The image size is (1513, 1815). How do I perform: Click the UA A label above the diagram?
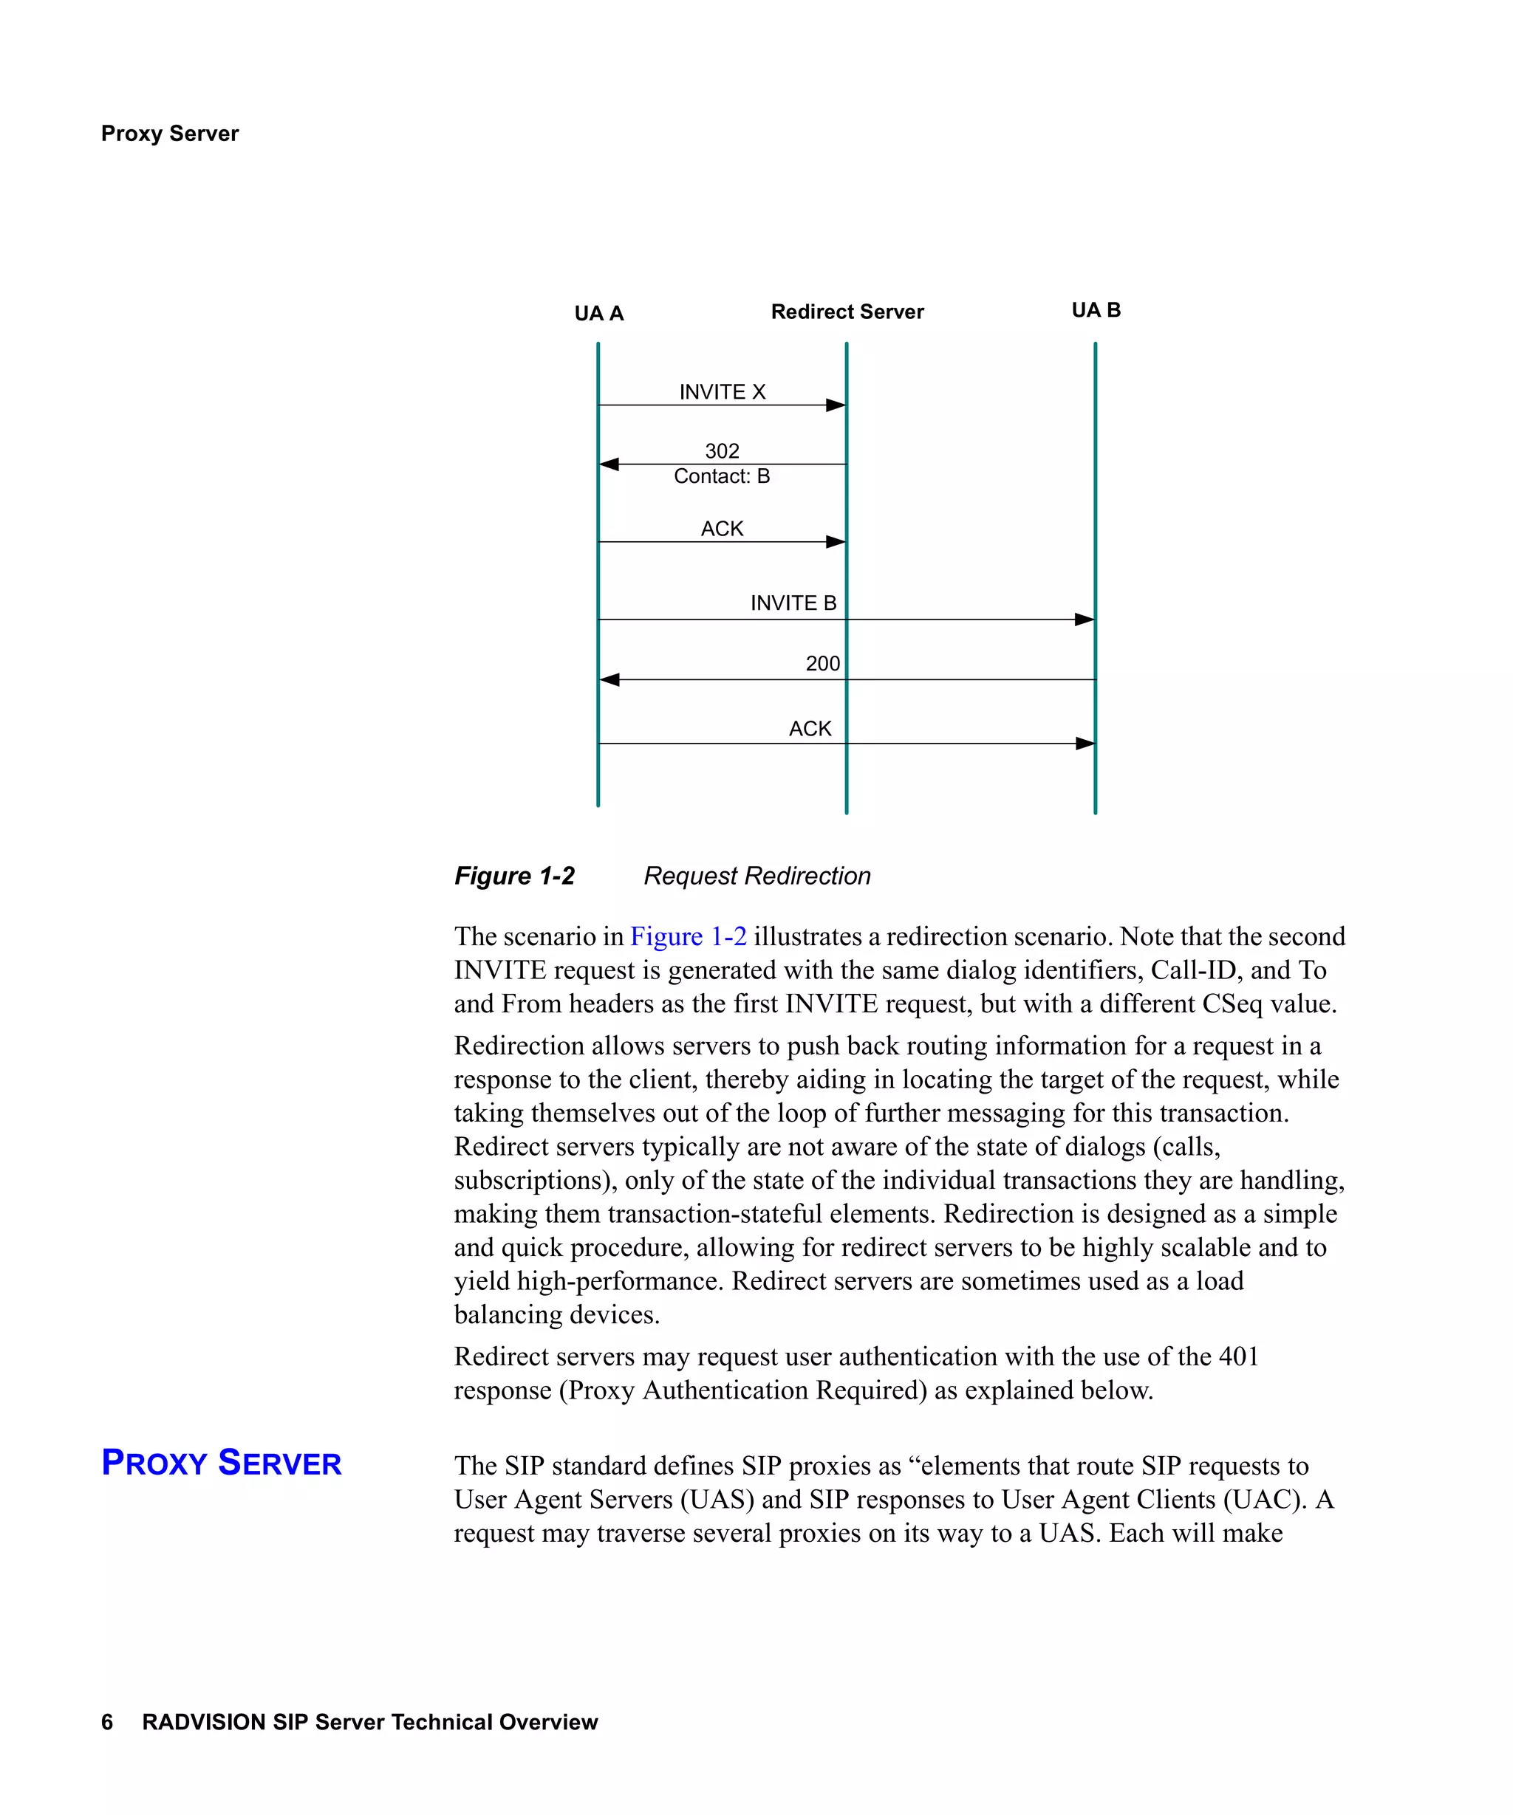598,313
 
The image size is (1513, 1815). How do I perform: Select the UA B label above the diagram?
1096,309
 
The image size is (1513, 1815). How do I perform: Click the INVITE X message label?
722,391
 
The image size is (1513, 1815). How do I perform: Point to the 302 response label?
722,450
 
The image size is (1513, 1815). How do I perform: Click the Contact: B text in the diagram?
722,476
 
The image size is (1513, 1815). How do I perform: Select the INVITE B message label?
793,603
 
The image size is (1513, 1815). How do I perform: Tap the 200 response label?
822,663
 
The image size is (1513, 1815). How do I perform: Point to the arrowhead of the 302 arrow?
609,464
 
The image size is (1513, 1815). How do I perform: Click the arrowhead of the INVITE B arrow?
1085,620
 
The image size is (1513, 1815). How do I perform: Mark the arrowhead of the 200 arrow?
609,680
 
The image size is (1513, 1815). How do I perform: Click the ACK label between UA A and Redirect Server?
722,528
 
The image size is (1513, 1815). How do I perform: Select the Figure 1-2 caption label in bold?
514,876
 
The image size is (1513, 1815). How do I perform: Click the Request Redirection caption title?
756,876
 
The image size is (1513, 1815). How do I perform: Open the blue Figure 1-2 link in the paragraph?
689,936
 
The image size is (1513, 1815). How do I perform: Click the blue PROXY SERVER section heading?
222,1462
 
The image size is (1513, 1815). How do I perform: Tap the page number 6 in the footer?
107,1722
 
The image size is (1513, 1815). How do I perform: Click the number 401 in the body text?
1238,1356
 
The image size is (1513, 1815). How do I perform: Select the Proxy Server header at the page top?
169,133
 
